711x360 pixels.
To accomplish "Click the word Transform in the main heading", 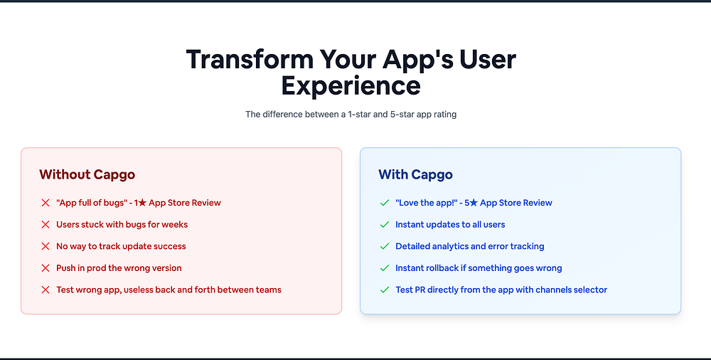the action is tap(250, 59).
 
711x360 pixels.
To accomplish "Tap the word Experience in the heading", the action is tap(351, 86).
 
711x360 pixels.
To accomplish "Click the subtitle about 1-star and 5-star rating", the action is tap(351, 115).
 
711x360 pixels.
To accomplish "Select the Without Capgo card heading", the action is tap(87, 175).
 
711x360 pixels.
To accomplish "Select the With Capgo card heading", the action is tap(415, 175).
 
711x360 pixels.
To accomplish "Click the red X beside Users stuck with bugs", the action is tap(46, 225).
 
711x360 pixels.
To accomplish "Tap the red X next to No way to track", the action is tap(46, 246).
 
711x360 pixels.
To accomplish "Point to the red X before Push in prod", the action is tap(46, 268).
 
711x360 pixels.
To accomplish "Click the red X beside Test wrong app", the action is tap(46, 290).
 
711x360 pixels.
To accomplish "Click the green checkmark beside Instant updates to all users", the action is tap(385, 225).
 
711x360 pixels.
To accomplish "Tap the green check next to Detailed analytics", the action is tap(385, 246).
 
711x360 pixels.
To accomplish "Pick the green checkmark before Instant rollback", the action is tap(385, 268).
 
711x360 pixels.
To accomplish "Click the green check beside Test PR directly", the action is tap(385, 290).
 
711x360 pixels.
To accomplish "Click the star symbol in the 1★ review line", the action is tap(142, 203).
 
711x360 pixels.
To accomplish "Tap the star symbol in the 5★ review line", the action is tap(474, 203).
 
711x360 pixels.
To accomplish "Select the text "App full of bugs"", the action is tap(91, 203).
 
